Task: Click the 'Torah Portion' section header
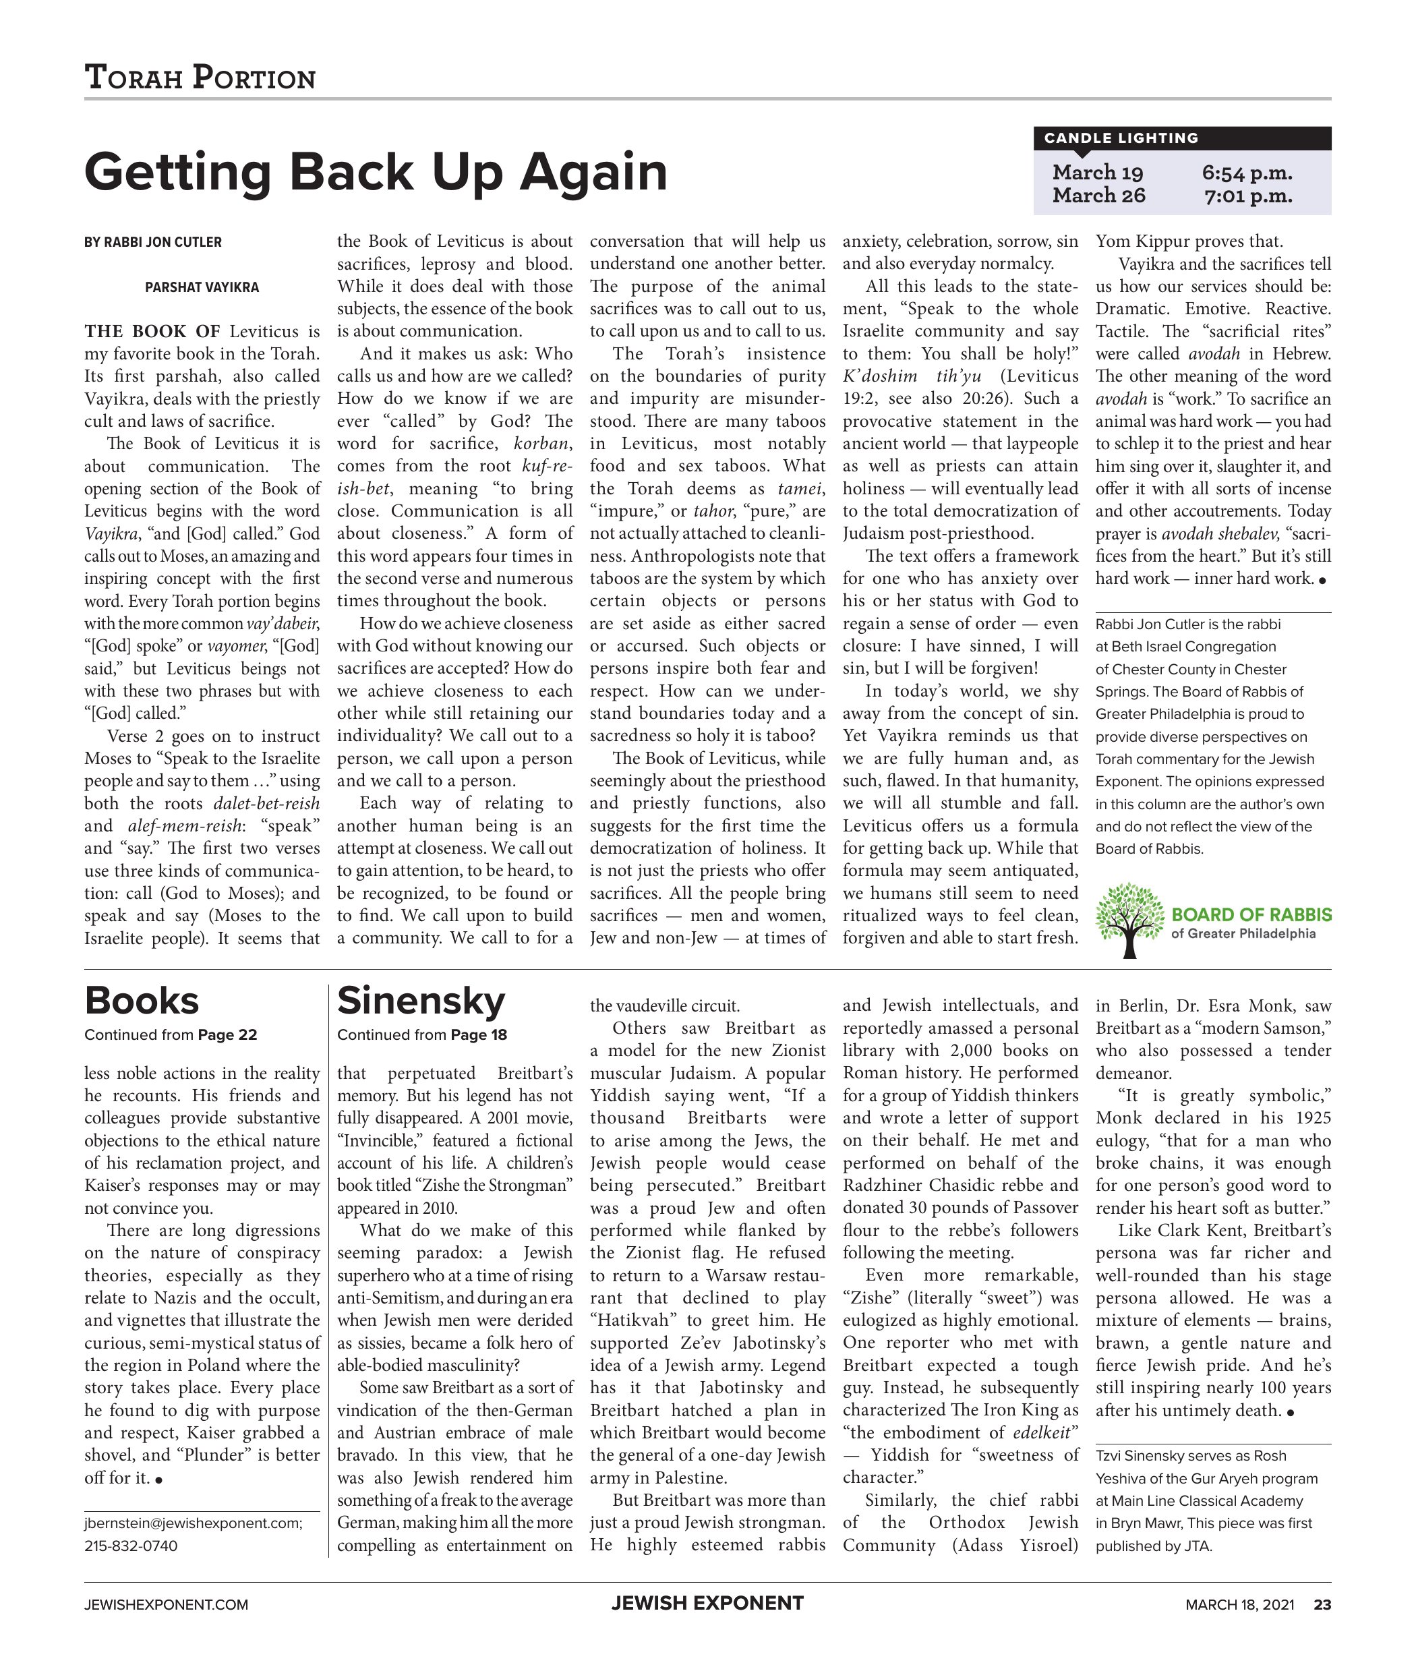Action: [x=200, y=78]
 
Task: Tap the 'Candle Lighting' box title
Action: [x=1121, y=138]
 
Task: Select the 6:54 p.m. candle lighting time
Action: [x=1247, y=173]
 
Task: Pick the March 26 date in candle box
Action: [x=1098, y=196]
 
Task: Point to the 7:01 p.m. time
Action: [x=1247, y=196]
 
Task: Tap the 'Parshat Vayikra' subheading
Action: [x=202, y=287]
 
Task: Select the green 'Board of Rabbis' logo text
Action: [x=1251, y=914]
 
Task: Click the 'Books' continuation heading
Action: [x=142, y=1001]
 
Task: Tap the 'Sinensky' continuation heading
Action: [x=421, y=1001]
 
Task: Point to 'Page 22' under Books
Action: [x=227, y=1035]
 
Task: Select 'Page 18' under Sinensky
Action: [x=479, y=1035]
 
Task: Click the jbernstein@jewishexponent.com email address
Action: [x=194, y=1523]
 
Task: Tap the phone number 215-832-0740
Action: [x=131, y=1546]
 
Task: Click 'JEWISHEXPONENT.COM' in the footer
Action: [x=166, y=1605]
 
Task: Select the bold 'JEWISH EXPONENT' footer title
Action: [x=707, y=1603]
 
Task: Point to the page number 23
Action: [x=1322, y=1605]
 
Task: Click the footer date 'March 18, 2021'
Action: [x=1239, y=1605]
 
